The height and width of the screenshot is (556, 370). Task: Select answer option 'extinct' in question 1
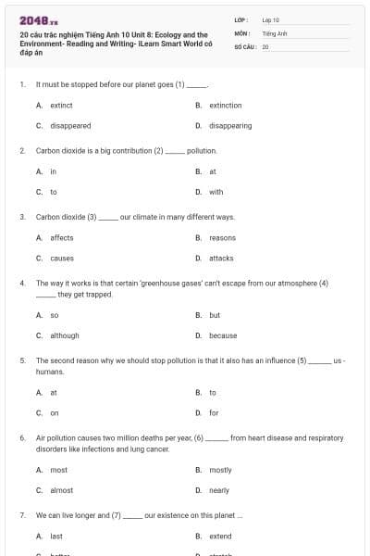click(x=62, y=106)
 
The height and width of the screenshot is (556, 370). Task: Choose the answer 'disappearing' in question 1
click(x=230, y=125)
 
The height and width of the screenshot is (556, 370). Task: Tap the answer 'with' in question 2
click(x=216, y=192)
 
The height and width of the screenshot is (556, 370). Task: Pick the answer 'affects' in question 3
click(x=62, y=238)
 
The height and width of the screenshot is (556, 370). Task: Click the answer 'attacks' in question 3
click(x=221, y=258)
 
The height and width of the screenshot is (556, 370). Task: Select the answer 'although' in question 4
click(x=65, y=335)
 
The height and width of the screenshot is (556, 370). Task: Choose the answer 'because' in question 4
click(x=223, y=335)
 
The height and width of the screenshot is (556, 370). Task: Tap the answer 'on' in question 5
click(x=55, y=412)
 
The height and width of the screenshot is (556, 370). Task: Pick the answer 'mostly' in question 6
click(x=220, y=470)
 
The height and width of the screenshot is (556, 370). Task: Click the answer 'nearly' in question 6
click(x=219, y=489)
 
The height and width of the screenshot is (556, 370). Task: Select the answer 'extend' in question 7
click(x=220, y=536)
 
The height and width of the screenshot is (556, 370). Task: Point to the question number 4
click(x=22, y=283)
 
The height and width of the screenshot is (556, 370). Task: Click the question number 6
click(x=22, y=436)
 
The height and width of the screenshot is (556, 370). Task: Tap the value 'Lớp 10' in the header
click(x=271, y=19)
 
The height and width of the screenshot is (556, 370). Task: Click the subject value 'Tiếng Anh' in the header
click(x=275, y=32)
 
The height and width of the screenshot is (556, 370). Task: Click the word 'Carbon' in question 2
click(x=47, y=150)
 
